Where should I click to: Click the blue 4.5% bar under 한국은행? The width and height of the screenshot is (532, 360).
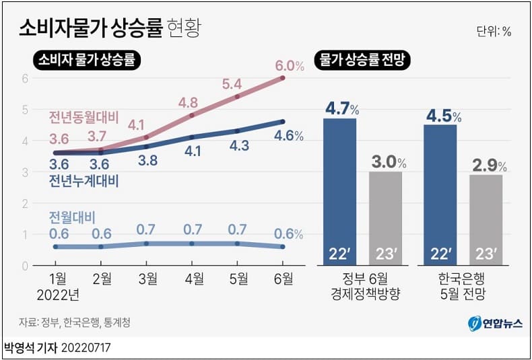coord(440,195)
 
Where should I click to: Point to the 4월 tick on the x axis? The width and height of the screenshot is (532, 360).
coord(193,278)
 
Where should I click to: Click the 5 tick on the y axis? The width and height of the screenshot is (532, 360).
coord(24,109)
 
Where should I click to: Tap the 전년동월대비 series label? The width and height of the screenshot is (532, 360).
coord(84,118)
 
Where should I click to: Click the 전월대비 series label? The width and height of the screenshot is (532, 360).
coord(72,217)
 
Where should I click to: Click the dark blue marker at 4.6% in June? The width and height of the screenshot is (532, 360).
coord(282,121)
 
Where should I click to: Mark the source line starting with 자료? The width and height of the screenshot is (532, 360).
coord(75,323)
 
